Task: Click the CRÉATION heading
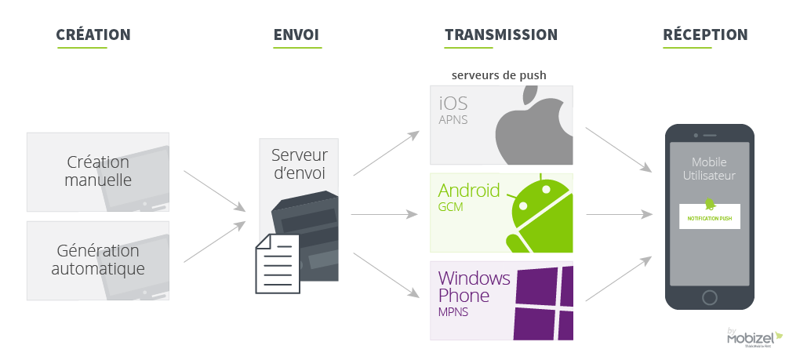pyautogui.click(x=93, y=35)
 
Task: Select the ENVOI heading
pyautogui.click(x=296, y=35)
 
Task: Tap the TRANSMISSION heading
pyautogui.click(x=500, y=35)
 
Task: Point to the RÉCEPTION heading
pyautogui.click(x=704, y=35)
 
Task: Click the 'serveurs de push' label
pyautogui.click(x=499, y=75)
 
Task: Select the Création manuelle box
pyautogui.click(x=98, y=172)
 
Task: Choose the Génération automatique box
pyautogui.click(x=98, y=260)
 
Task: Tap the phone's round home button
pyautogui.click(x=710, y=297)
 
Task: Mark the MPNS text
pyautogui.click(x=453, y=314)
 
